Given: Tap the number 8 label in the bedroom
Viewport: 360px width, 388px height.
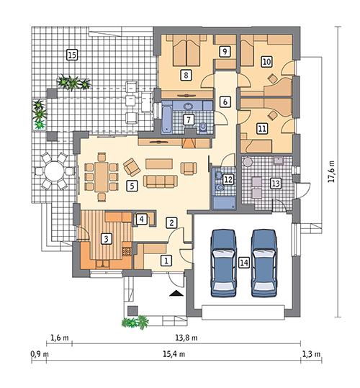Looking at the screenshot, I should [186, 74].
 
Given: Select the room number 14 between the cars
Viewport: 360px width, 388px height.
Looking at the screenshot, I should [244, 263].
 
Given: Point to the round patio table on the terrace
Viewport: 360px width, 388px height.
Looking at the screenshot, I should [53, 172].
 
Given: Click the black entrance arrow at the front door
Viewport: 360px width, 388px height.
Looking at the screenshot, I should [175, 294].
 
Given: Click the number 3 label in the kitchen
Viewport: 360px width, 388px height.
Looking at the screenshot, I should [105, 239].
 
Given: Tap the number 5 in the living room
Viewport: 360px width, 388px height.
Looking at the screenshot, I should [131, 186].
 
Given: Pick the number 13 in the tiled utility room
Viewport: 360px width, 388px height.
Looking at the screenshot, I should [274, 183].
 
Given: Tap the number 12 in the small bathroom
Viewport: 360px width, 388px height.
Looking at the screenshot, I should [228, 179].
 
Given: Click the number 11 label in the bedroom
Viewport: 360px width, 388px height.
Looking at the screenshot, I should [261, 128].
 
